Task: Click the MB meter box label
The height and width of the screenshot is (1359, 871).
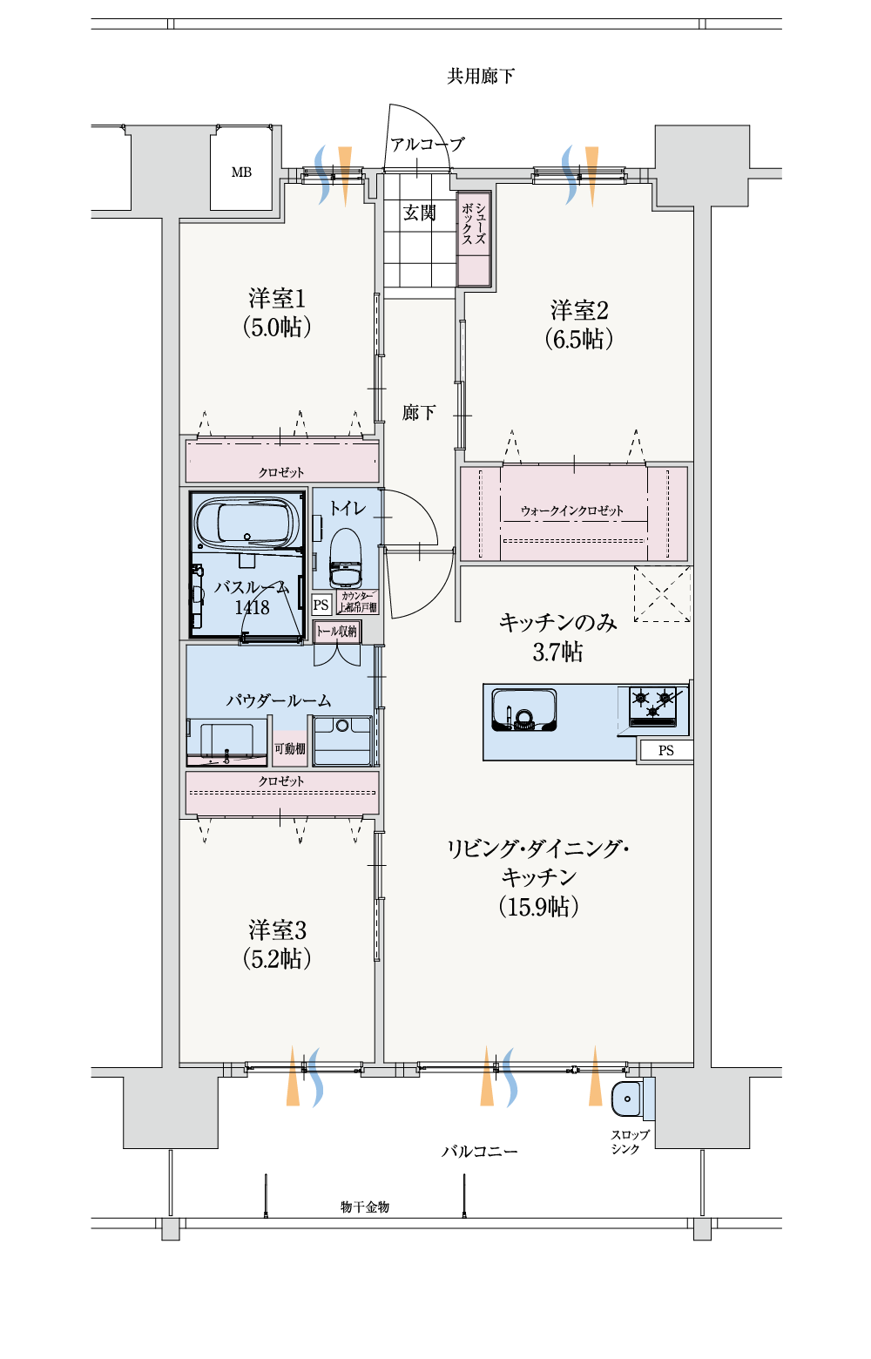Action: click(x=240, y=172)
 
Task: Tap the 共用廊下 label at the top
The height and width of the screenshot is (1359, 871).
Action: click(x=481, y=76)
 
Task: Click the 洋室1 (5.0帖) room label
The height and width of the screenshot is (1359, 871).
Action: click(x=277, y=313)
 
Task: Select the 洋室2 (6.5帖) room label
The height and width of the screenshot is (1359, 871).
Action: click(x=578, y=324)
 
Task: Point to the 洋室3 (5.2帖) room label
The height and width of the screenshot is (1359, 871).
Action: click(x=277, y=944)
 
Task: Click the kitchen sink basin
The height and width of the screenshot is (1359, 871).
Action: click(x=524, y=709)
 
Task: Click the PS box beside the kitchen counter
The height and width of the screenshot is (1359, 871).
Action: click(x=666, y=750)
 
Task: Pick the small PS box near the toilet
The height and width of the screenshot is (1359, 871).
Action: click(x=321, y=605)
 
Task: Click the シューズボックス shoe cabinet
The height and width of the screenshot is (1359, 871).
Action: click(x=474, y=239)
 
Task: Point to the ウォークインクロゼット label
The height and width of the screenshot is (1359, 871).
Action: click(x=571, y=510)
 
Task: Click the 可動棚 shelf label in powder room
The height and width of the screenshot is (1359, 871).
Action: click(x=289, y=748)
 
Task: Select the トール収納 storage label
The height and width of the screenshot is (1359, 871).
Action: click(x=336, y=632)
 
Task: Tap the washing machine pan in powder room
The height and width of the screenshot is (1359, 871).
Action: click(x=342, y=740)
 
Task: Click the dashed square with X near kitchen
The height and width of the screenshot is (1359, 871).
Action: click(x=662, y=594)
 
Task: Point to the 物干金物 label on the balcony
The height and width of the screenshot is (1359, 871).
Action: click(x=365, y=1207)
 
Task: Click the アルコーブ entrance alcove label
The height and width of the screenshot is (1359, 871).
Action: click(x=427, y=145)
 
